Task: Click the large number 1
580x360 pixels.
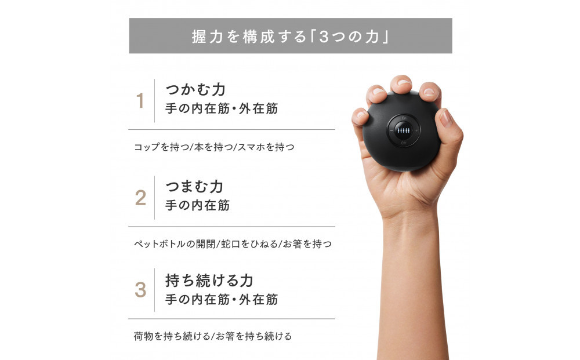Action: [x=140, y=101]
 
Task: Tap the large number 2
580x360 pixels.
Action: [x=140, y=198]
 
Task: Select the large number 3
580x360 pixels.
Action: [x=140, y=290]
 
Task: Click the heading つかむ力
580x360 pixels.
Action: [x=195, y=90]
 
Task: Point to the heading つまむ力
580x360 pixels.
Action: [x=194, y=187]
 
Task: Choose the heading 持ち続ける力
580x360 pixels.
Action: [x=209, y=281]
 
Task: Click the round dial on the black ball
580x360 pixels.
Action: [x=404, y=130]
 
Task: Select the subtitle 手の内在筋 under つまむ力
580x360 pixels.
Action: [x=197, y=205]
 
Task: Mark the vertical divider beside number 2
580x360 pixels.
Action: [x=154, y=198]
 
